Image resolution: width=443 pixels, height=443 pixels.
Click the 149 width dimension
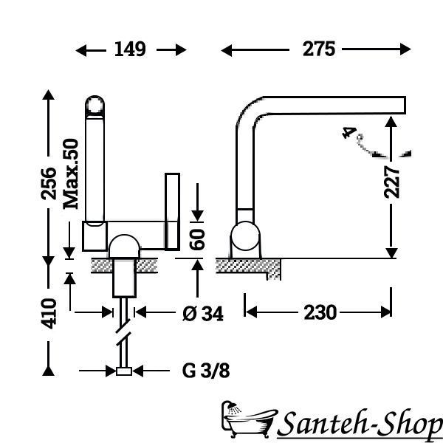(130, 49)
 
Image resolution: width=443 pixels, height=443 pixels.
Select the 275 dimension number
(319, 49)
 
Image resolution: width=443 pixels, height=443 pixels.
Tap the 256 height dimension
(49, 183)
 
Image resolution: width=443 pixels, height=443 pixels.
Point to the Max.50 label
(71, 174)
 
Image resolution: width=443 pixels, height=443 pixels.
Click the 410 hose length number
(49, 313)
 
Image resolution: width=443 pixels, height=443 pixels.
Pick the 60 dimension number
(197, 240)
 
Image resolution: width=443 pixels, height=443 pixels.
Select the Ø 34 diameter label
(203, 314)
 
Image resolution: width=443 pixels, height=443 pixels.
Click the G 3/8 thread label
(206, 371)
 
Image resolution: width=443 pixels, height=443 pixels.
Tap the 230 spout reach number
(320, 312)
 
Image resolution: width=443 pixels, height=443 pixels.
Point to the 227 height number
(391, 182)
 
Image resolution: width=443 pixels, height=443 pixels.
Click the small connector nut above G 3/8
(124, 371)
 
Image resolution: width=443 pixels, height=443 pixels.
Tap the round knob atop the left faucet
(95, 106)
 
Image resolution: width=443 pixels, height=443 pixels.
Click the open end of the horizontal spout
(405, 105)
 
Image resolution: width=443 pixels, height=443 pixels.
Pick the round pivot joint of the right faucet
(245, 236)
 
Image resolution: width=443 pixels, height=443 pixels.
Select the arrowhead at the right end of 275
(405, 49)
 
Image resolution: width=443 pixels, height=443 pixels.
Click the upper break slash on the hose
(123, 326)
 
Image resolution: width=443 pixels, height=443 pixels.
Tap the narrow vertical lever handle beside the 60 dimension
(172, 212)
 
